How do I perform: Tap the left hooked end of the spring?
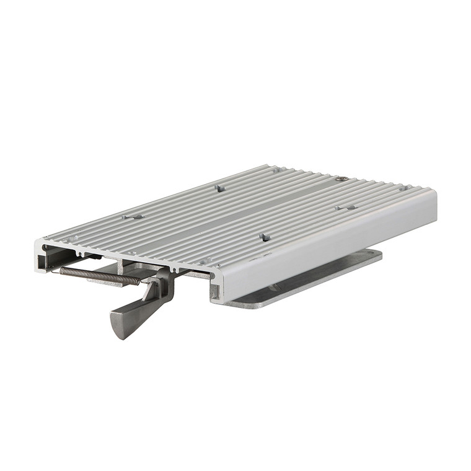pyautogui.click(x=62, y=270)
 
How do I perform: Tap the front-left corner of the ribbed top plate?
pyautogui.click(x=39, y=240)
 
